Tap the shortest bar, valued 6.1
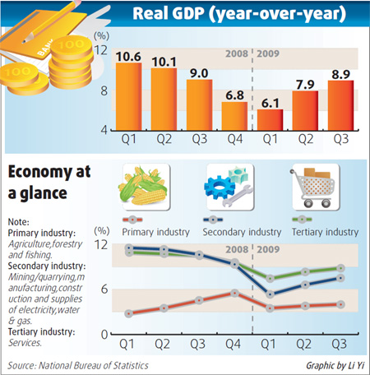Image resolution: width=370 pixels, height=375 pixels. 269,119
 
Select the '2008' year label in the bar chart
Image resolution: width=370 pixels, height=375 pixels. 235,56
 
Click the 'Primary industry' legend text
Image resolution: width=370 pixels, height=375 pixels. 156,233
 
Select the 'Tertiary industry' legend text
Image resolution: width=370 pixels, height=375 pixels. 325,233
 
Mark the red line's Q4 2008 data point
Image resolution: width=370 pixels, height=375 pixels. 234,293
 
